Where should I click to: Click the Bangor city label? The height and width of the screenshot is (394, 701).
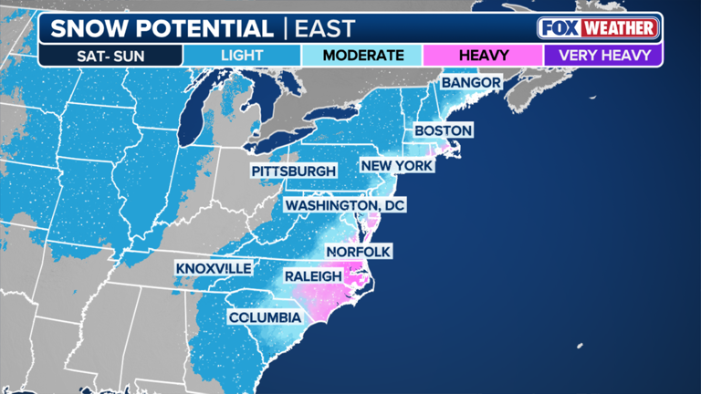point(471,83)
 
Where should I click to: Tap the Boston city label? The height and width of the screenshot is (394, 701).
point(443,131)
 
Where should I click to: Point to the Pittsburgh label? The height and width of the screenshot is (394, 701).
point(294,171)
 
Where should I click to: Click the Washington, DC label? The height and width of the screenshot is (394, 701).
point(344,205)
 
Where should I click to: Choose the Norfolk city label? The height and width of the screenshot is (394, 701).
point(357,251)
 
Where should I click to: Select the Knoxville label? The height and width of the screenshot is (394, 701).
point(215,269)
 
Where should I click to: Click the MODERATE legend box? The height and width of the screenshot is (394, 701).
point(362,55)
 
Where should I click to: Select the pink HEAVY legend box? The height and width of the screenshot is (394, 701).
point(483,55)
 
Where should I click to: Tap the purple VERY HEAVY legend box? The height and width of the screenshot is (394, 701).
point(603,55)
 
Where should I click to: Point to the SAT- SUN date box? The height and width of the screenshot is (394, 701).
point(110,55)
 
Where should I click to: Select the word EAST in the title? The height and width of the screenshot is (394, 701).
point(324,27)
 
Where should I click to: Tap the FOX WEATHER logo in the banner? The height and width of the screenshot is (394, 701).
point(598,27)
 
